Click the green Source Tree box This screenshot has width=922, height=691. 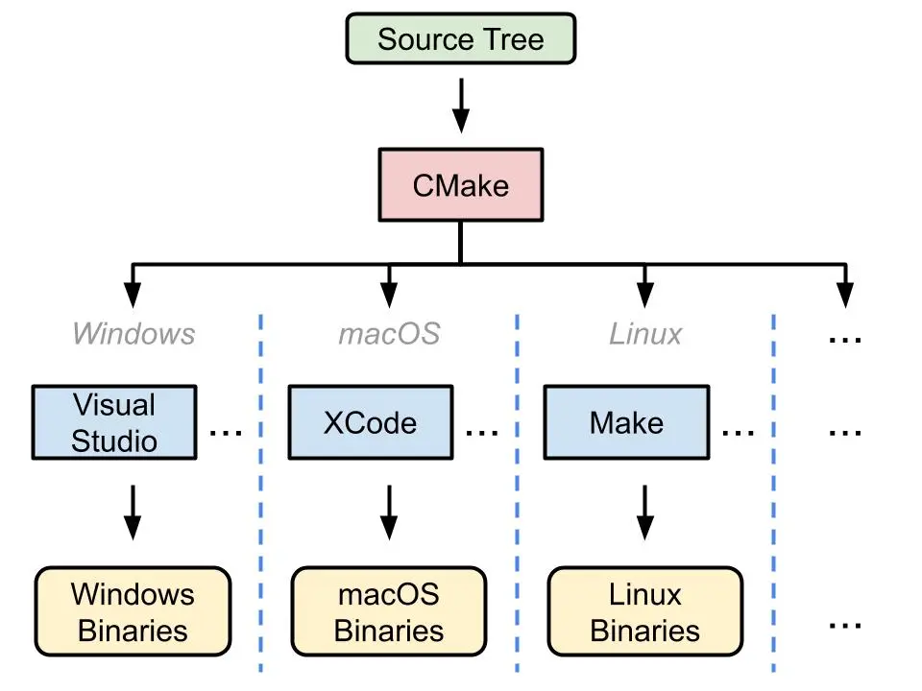[x=460, y=38]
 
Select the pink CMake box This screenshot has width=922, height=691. [x=460, y=185]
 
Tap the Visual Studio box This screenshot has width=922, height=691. [x=114, y=422]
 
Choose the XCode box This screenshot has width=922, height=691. [x=371, y=422]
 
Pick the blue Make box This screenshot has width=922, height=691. [x=627, y=422]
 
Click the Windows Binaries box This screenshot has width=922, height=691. [x=133, y=611]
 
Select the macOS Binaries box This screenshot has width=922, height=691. [x=389, y=611]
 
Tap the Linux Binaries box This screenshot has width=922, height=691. [x=645, y=611]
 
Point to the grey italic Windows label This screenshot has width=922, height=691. [x=133, y=334]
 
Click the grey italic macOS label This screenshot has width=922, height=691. [x=389, y=334]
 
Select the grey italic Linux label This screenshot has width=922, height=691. [x=645, y=334]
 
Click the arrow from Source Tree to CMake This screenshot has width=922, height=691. [x=461, y=106]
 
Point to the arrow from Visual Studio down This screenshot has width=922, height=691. [x=133, y=512]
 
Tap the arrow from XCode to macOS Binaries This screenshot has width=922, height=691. [x=389, y=512]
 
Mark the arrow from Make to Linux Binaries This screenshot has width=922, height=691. [x=645, y=512]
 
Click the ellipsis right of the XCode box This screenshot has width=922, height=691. [x=482, y=433]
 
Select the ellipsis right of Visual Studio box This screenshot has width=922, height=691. [x=226, y=433]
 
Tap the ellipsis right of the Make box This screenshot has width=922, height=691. [x=739, y=433]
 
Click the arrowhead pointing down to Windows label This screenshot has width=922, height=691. [x=133, y=295]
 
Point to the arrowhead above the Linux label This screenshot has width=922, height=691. [x=645, y=295]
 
